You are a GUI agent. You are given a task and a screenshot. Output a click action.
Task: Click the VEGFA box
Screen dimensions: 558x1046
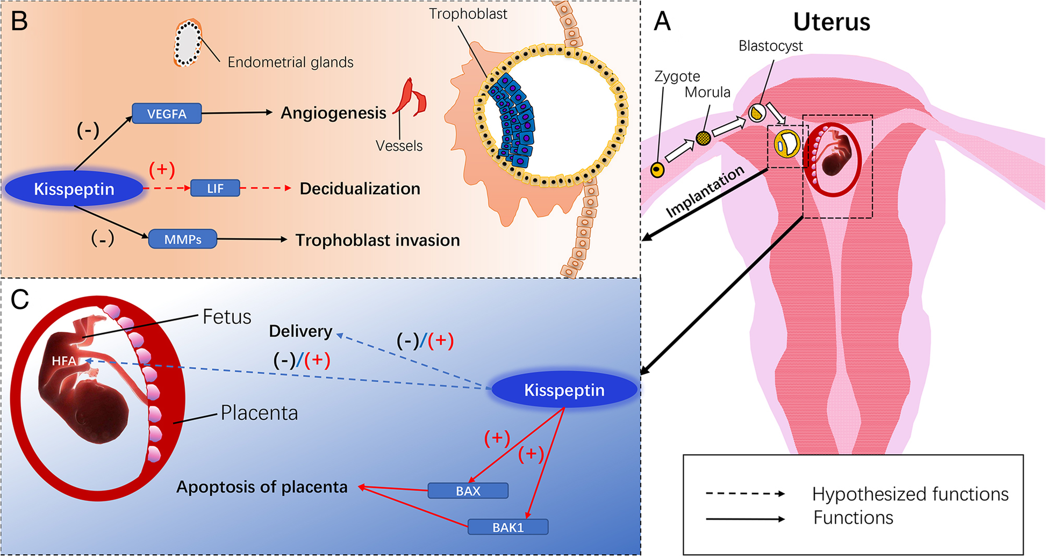pos(167,114)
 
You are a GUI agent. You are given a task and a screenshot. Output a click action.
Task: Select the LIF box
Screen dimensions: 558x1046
pos(215,189)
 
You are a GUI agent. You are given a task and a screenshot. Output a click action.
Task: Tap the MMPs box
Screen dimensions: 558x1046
pos(183,240)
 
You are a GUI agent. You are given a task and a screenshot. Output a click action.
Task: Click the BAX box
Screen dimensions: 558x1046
pos(468,491)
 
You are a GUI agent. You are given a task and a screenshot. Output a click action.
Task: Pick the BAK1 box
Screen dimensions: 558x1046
pos(508,527)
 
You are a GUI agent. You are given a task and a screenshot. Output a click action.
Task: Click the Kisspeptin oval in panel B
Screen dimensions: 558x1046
pos(74,189)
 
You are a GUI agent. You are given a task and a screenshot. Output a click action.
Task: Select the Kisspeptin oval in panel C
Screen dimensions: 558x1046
pos(564,390)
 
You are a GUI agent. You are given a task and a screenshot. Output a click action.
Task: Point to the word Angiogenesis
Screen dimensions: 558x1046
pos(333,113)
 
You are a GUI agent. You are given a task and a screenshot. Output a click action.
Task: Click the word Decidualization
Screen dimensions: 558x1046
pos(360,189)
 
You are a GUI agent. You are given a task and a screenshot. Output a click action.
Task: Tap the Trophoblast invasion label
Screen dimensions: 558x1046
pos(377,240)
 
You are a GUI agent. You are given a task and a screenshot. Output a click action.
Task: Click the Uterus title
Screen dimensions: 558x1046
pos(831,23)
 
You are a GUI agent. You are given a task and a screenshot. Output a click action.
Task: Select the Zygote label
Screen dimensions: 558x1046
pos(677,76)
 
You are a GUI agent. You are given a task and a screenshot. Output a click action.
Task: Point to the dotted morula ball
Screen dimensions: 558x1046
pos(703,139)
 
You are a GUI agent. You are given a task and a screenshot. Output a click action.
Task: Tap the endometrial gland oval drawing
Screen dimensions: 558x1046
pos(188,43)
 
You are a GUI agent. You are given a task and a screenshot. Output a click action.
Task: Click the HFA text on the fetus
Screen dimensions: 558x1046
pos(63,361)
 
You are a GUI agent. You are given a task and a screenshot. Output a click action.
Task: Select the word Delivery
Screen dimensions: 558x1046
pos(300,331)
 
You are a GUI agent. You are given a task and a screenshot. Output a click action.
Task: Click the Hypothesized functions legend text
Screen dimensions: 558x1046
pos(910,494)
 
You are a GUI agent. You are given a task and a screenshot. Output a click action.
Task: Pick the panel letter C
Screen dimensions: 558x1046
pos(20,300)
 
